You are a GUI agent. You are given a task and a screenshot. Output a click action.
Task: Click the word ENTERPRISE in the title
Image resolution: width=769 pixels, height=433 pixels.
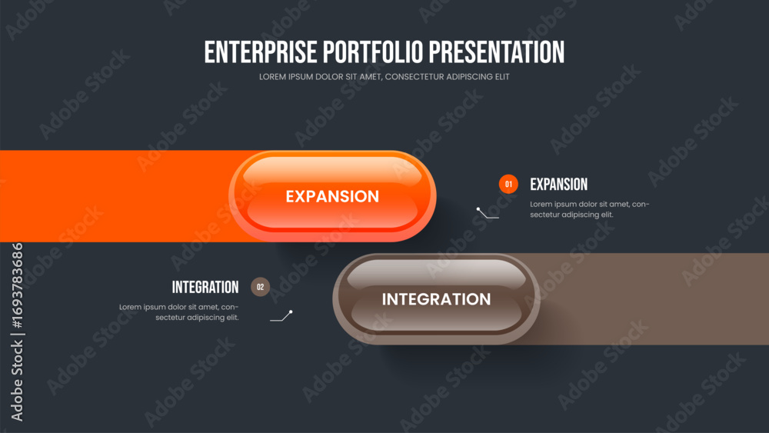261,52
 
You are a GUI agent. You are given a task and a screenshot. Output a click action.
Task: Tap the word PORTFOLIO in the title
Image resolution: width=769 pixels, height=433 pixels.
373,52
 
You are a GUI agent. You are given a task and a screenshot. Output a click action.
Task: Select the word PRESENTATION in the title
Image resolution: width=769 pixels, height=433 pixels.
497,52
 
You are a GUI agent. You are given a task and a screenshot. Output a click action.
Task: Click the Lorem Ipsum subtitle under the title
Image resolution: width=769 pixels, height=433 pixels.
384,77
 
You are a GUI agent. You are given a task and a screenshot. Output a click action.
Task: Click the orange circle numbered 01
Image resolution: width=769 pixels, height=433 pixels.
508,185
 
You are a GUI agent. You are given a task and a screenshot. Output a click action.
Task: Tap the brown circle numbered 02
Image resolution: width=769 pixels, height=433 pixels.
260,287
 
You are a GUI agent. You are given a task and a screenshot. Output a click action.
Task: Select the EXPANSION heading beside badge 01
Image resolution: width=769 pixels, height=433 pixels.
558,185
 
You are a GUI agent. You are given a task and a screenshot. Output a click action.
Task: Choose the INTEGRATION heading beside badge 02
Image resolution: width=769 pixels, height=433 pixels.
205,288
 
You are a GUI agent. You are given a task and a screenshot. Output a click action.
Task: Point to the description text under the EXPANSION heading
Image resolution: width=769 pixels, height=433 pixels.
590,209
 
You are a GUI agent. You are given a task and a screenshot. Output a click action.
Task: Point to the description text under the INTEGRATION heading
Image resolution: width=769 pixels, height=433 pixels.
179,312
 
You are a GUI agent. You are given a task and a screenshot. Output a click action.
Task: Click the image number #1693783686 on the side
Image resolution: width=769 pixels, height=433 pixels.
17,285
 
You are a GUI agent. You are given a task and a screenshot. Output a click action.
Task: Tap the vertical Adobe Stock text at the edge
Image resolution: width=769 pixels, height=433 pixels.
17,381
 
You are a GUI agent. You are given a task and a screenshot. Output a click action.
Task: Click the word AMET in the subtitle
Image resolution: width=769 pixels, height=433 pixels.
371,77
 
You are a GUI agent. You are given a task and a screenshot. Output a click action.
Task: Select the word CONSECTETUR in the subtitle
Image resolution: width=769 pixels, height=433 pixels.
414,77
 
